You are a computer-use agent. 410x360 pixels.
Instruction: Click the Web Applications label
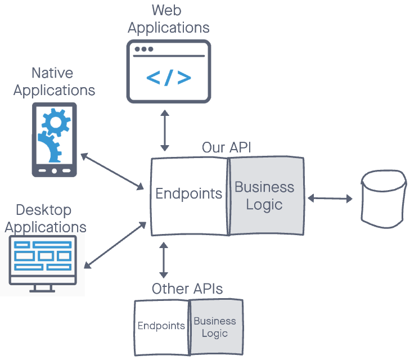169,19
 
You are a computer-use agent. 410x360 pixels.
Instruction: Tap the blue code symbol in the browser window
169,78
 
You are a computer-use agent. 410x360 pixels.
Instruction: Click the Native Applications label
54,82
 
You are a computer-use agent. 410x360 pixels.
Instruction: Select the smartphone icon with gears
54,140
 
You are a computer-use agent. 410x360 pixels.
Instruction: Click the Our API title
226,148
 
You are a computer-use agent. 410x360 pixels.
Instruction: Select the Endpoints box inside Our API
189,194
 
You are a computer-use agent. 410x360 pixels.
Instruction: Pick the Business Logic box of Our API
265,195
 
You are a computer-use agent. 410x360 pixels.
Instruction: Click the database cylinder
383,197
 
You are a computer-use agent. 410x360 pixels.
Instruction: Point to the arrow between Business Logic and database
330,198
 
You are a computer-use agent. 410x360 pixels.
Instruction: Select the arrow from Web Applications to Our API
164,130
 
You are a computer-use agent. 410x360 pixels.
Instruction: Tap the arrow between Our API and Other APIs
164,260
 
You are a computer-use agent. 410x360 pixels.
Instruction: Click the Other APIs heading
187,289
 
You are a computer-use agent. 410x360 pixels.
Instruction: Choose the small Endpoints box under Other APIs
161,326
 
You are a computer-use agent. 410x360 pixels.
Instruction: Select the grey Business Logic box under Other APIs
215,327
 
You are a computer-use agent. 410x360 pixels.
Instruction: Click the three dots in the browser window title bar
143,49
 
